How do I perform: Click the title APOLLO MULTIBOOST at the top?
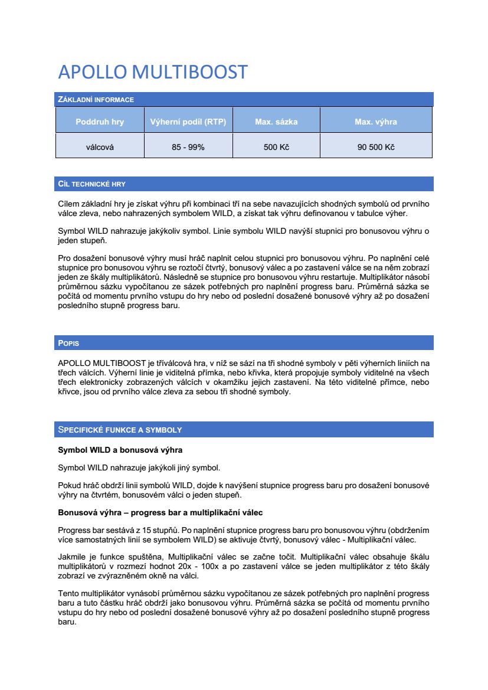(152, 72)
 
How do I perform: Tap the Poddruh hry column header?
(100, 122)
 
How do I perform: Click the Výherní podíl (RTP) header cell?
(188, 122)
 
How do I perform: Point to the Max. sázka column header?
(276, 122)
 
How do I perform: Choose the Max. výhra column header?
(375, 122)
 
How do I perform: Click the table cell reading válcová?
(100, 147)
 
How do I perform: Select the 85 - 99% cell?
(188, 147)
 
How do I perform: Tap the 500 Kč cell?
(276, 147)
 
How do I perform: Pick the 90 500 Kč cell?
(375, 147)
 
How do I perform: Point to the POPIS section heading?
(68, 343)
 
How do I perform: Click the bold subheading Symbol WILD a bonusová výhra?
(120, 450)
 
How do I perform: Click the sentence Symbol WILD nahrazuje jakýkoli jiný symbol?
(139, 468)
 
